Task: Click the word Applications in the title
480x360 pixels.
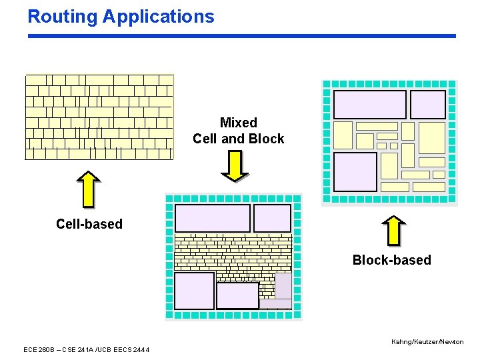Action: tap(159, 17)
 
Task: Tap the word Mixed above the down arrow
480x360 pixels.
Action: tap(238, 123)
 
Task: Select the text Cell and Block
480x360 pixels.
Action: tap(238, 139)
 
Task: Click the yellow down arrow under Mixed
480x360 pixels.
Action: tap(234, 166)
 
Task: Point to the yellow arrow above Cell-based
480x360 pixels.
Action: tap(89, 189)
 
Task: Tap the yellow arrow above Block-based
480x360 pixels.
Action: tap(394, 231)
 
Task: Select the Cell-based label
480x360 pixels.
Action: tap(89, 224)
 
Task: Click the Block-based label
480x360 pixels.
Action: tap(391, 260)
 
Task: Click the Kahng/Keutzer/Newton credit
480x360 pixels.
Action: tap(427, 342)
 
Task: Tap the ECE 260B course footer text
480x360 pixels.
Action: tap(87, 350)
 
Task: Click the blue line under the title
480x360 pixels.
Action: tap(241, 36)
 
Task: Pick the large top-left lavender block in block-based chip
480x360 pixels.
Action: tap(369, 105)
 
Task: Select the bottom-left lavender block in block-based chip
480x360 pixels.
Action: tap(355, 171)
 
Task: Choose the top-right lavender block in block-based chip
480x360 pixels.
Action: tap(427, 105)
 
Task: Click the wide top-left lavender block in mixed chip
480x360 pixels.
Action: tap(212, 218)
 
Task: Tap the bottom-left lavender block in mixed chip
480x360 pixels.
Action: tap(194, 291)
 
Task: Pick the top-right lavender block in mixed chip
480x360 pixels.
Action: tap(272, 218)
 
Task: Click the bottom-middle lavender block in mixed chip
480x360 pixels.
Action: tap(237, 295)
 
